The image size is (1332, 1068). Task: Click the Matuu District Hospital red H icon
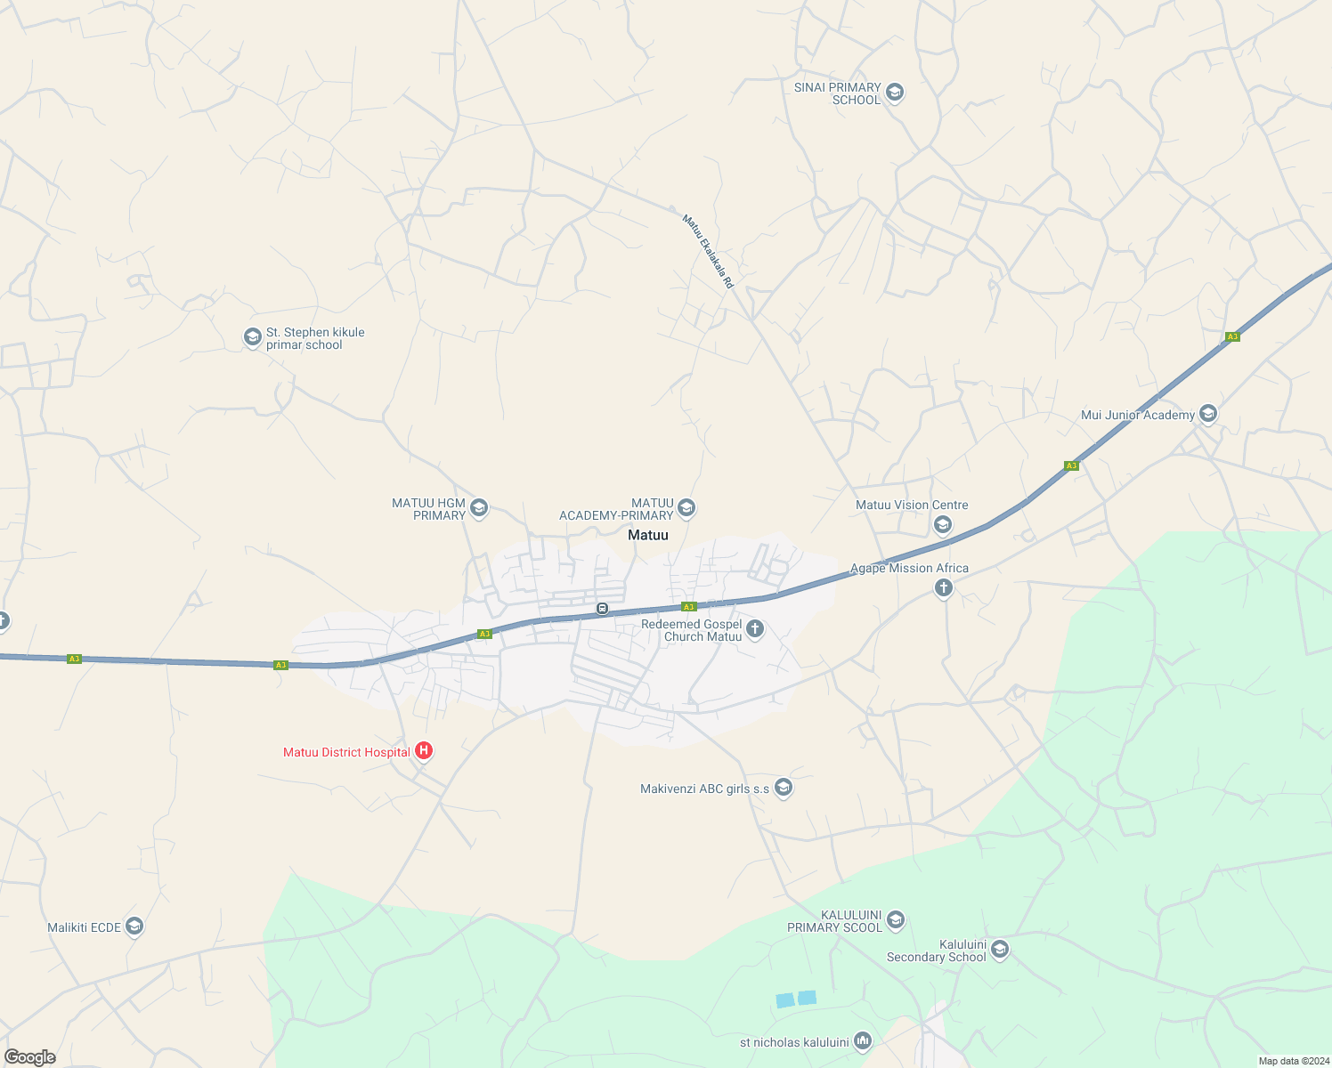pyautogui.click(x=424, y=751)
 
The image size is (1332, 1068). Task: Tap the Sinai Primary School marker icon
pyautogui.click(x=895, y=93)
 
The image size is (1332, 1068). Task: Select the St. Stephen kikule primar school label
pyautogui.click(x=315, y=339)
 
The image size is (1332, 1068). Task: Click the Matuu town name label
pyautogui.click(x=647, y=535)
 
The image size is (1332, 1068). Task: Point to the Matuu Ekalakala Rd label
pyautogui.click(x=708, y=251)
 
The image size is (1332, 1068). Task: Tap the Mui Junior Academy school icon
pyautogui.click(x=1208, y=414)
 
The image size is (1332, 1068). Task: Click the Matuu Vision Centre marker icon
pyautogui.click(x=943, y=524)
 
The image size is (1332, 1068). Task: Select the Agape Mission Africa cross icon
pyautogui.click(x=944, y=587)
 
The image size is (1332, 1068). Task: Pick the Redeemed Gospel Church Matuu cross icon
pyautogui.click(x=755, y=630)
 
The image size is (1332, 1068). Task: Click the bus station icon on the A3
pyautogui.click(x=603, y=609)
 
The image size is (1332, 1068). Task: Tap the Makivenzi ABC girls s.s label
pyautogui.click(x=704, y=789)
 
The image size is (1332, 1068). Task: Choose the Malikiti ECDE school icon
pyautogui.click(x=134, y=926)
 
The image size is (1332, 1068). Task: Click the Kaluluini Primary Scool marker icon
pyautogui.click(x=896, y=920)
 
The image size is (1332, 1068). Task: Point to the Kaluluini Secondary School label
pyautogui.click(x=936, y=951)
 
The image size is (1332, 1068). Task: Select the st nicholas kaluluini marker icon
pyautogui.click(x=862, y=1040)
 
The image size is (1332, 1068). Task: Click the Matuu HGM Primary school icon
pyautogui.click(x=478, y=508)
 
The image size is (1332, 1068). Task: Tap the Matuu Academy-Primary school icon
pyautogui.click(x=686, y=508)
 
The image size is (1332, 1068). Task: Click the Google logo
pyautogui.click(x=29, y=1057)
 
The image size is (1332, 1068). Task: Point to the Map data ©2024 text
pyautogui.click(x=1293, y=1061)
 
